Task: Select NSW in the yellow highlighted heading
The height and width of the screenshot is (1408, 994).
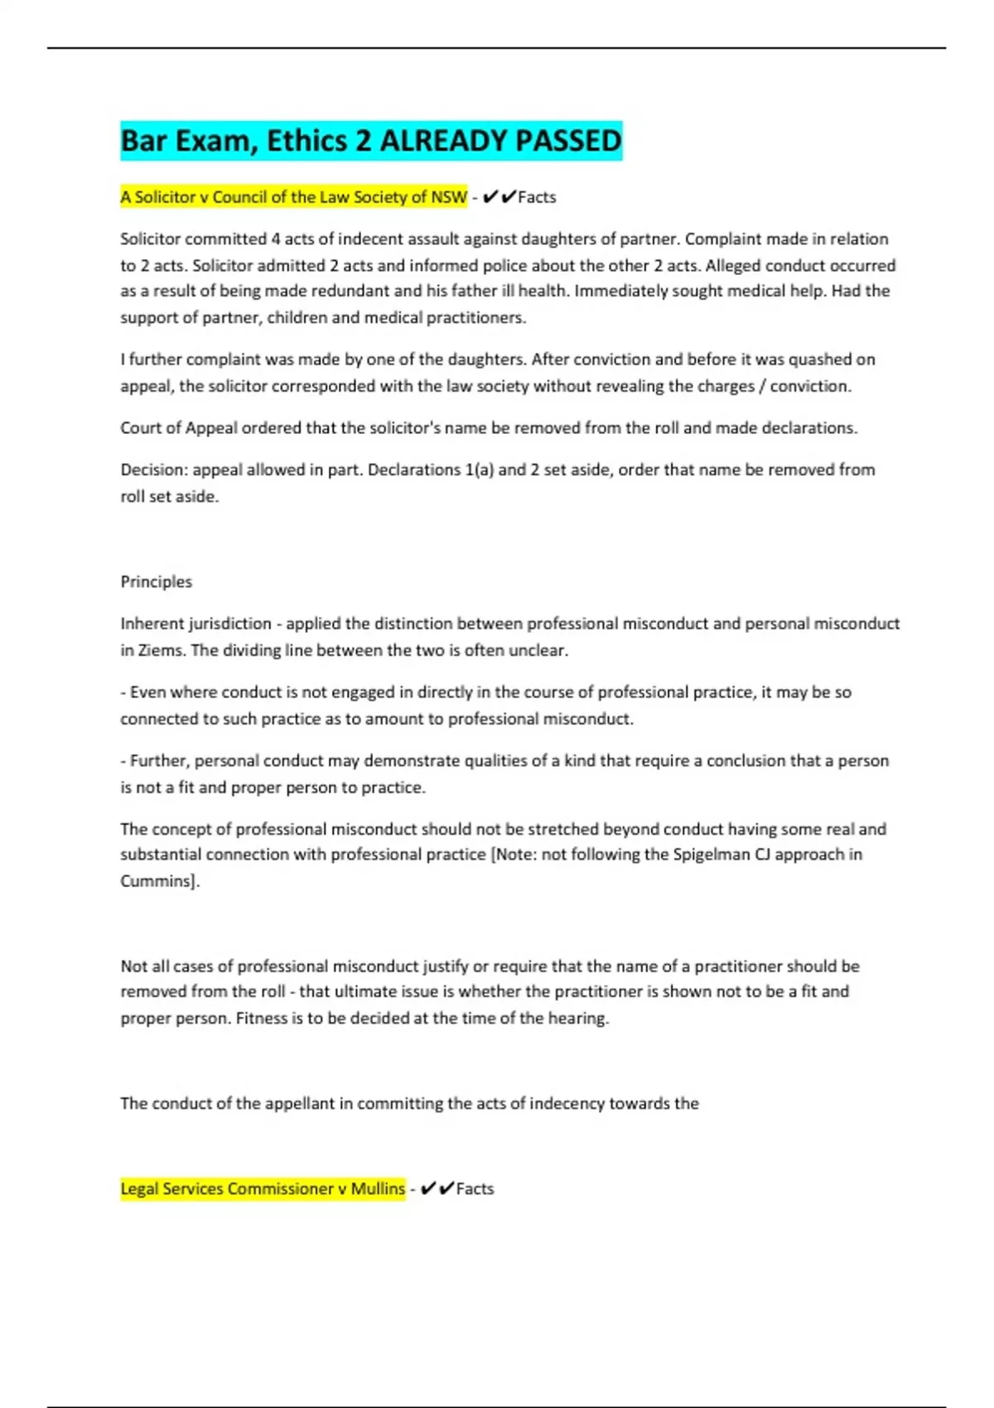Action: pos(450,197)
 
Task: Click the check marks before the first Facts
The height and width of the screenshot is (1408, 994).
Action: pos(499,197)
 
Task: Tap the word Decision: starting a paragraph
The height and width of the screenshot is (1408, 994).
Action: pos(154,470)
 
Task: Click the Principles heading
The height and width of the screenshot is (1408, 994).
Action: pos(156,581)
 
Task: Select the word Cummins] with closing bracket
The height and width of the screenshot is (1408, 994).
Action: pos(160,881)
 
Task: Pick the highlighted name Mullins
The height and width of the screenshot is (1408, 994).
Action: pos(378,1189)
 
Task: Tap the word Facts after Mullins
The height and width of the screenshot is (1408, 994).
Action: pos(475,1189)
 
